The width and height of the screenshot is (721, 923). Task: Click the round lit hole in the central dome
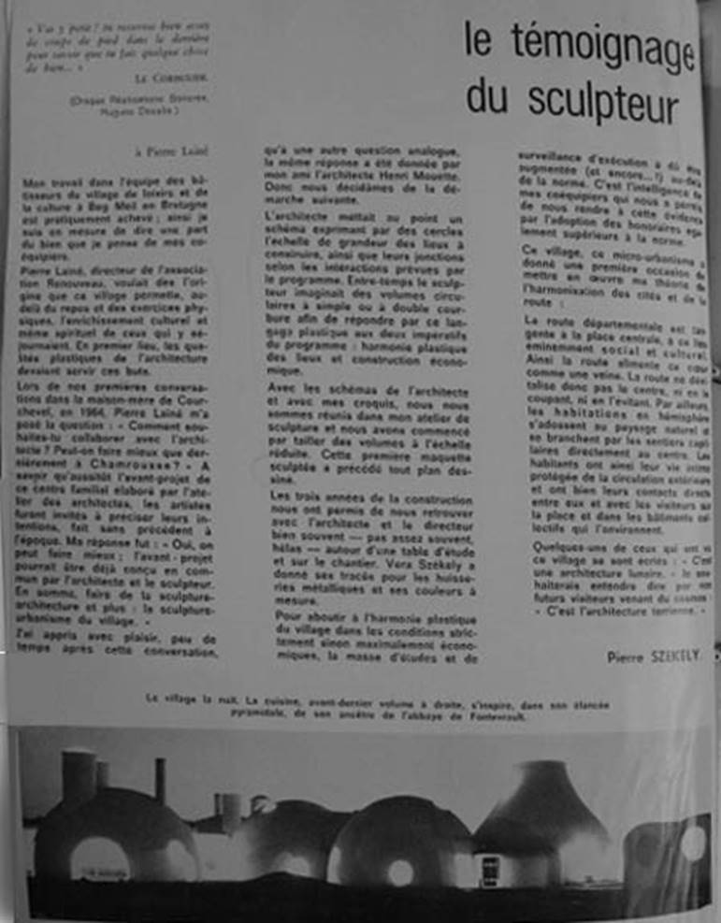click(401, 872)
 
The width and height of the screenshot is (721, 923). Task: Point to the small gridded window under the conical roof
click(489, 869)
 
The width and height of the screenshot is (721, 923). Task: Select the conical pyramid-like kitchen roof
click(542, 804)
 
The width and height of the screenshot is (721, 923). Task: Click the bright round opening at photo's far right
click(693, 844)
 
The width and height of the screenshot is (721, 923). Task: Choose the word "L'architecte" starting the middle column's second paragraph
click(288, 217)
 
